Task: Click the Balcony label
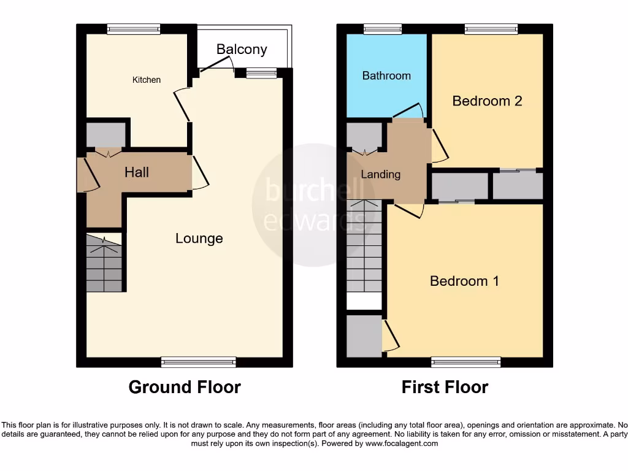pos(241,50)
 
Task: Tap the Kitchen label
pos(147,80)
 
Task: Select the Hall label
pos(137,172)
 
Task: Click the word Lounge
pos(199,239)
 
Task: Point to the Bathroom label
pos(386,76)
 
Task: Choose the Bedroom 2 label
pos(487,101)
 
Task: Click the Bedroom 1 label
pos(464,281)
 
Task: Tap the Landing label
pos(380,175)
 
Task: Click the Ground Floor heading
pos(185,388)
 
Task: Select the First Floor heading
pos(445,388)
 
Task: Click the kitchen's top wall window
pos(134,28)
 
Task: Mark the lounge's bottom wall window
pos(198,362)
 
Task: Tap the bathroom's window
pos(383,28)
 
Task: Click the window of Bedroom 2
pos(491,28)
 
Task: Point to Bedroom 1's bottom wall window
pos(465,362)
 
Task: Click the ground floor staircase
pos(104,264)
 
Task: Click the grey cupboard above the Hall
pos(106,134)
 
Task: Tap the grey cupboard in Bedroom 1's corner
pos(364,335)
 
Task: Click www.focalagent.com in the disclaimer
pos(402,443)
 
